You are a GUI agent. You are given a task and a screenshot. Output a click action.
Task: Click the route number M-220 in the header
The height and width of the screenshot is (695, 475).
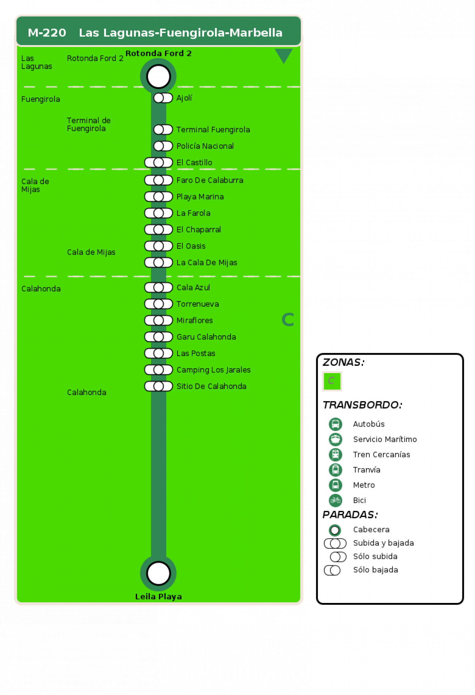pyautogui.click(x=47, y=33)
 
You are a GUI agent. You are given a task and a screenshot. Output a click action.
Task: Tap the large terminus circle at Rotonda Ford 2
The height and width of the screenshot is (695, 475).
pyautogui.click(x=158, y=76)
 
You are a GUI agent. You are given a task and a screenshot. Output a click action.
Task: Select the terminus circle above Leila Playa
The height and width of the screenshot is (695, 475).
pyautogui.click(x=158, y=573)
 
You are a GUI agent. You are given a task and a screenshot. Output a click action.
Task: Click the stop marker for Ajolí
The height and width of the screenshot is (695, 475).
pyautogui.click(x=163, y=98)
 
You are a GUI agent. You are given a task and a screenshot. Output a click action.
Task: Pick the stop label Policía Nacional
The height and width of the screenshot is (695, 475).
pyautogui.click(x=205, y=146)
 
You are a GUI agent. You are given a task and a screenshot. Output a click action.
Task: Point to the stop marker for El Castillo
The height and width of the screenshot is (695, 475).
pyautogui.click(x=159, y=162)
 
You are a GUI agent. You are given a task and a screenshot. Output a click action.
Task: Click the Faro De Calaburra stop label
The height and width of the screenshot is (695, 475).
pyautogui.click(x=210, y=180)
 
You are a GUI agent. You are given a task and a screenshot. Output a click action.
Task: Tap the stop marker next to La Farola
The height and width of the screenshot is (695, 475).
pyautogui.click(x=159, y=213)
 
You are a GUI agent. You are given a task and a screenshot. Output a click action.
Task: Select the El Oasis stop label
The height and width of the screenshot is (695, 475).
pyautogui.click(x=191, y=246)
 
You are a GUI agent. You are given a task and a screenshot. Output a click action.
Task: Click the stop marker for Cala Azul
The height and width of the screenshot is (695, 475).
pyautogui.click(x=159, y=287)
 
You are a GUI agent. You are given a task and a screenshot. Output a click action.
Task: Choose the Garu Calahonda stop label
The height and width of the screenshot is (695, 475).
pyautogui.click(x=206, y=337)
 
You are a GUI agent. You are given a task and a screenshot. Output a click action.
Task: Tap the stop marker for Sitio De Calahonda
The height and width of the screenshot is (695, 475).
pyautogui.click(x=159, y=386)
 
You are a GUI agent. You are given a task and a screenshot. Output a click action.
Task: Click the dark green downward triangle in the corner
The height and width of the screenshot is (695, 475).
pyautogui.click(x=284, y=54)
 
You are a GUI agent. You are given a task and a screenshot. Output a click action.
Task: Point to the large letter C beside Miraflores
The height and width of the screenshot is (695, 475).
pyautogui.click(x=288, y=320)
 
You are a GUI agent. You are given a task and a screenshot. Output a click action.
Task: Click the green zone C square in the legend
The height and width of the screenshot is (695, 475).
pyautogui.click(x=332, y=381)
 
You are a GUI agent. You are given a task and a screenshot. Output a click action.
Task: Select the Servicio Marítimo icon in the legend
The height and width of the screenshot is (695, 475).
pyautogui.click(x=335, y=439)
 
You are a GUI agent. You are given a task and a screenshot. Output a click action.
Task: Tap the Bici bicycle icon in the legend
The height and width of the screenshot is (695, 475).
pyautogui.click(x=335, y=500)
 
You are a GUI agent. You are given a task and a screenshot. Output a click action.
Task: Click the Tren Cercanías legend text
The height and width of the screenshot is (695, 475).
pyautogui.click(x=382, y=455)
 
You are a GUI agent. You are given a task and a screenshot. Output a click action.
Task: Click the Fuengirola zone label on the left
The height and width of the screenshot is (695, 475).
pyautogui.click(x=41, y=99)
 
